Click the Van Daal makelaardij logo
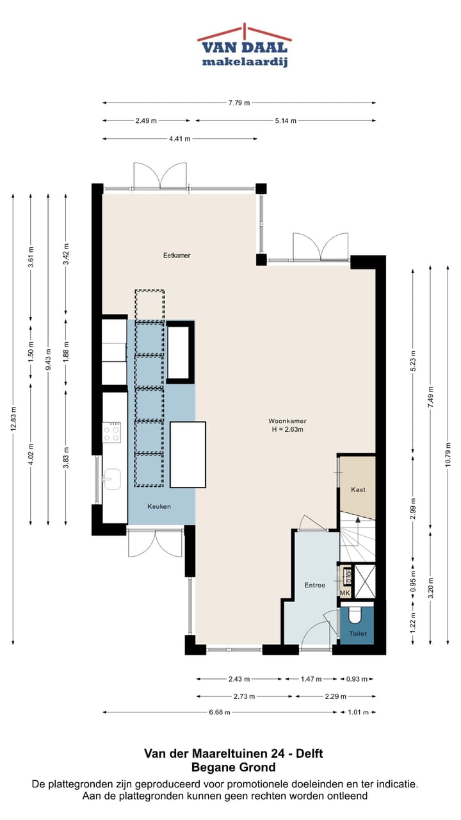(x=245, y=45)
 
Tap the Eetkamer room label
(x=177, y=256)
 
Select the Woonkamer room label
(x=287, y=422)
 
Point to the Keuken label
(x=159, y=507)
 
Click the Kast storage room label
(x=358, y=490)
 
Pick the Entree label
(x=314, y=586)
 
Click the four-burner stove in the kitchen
(x=111, y=432)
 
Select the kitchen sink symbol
(x=111, y=479)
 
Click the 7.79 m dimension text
(x=239, y=103)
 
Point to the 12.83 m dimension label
(x=13, y=419)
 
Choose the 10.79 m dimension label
(x=448, y=455)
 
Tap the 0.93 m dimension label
(x=357, y=679)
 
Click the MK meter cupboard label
(x=345, y=593)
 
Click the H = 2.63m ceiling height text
(x=287, y=430)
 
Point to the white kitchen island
(x=188, y=455)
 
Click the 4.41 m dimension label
(x=180, y=139)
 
